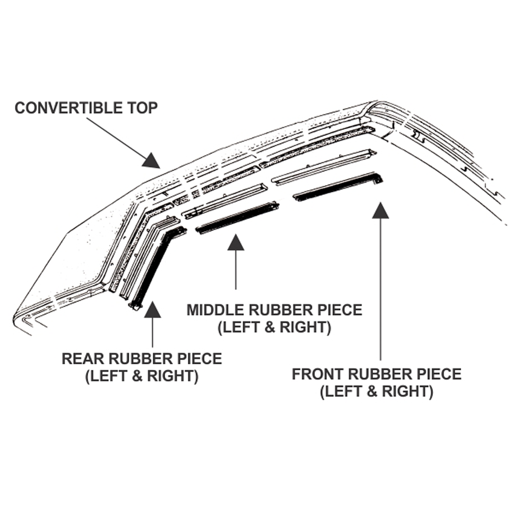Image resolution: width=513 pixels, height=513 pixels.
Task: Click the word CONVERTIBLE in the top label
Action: (x=68, y=108)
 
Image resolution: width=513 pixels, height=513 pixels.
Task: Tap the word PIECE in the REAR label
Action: (x=200, y=359)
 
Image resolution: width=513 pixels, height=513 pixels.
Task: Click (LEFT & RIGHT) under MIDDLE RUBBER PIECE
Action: (x=274, y=328)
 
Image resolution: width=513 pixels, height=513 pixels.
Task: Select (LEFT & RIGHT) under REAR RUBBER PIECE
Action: (x=142, y=376)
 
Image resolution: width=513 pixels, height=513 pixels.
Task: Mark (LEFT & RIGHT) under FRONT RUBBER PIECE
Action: (x=377, y=392)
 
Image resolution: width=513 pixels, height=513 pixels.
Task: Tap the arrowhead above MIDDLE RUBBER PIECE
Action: (x=235, y=242)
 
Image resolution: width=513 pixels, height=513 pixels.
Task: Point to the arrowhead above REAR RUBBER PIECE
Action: (x=152, y=310)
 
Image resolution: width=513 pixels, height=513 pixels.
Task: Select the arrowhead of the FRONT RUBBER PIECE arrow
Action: (x=380, y=210)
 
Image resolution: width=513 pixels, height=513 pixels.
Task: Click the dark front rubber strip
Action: (x=339, y=187)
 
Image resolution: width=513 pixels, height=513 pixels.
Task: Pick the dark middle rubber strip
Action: (x=237, y=219)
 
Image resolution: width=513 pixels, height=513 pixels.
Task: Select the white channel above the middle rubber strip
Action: (x=226, y=201)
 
